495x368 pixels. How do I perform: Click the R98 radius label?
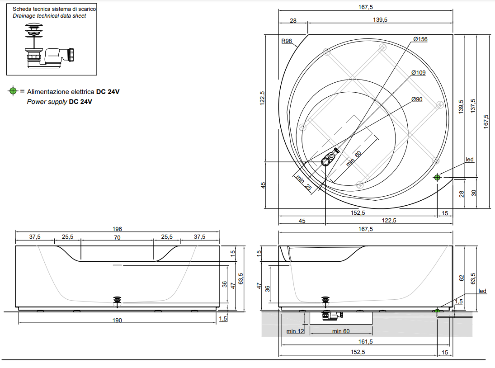287,41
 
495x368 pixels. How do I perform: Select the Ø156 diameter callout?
420,39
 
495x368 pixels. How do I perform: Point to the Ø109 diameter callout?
418,72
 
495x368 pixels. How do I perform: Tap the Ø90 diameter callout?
417,99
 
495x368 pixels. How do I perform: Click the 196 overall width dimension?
117,229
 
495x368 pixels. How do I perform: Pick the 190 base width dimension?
117,320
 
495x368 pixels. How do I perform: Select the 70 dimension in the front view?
117,237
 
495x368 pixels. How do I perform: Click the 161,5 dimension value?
365,342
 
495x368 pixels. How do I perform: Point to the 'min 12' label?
295,331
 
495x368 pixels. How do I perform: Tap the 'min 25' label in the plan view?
303,182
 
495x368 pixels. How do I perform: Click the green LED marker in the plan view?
437,177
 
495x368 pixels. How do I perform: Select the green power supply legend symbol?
13,91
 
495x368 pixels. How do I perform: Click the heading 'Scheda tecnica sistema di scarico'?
54,9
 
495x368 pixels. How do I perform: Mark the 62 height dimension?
461,278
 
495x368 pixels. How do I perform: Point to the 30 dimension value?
473,193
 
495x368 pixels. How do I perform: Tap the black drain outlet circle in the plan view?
326,161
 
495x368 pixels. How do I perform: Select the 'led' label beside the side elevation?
482,291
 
